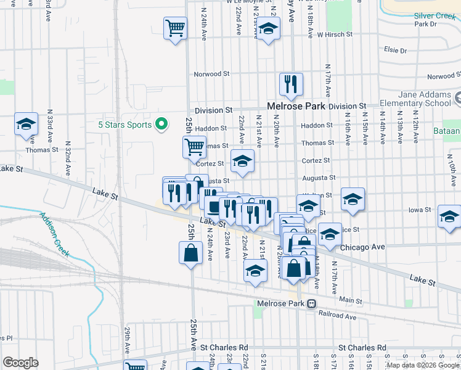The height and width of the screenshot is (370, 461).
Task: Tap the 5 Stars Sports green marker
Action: pos(161,125)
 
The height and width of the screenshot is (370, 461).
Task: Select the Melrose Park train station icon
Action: pos(312,303)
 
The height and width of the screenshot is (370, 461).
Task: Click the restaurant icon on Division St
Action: pos(290,84)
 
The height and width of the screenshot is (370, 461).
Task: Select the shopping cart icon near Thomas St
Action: pos(194,147)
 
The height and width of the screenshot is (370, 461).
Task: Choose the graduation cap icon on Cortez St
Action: pos(242,161)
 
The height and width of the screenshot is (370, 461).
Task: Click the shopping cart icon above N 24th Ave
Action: pos(175,28)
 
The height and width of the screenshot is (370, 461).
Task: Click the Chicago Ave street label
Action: pos(362,247)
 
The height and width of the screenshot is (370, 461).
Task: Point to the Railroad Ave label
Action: pos(338,316)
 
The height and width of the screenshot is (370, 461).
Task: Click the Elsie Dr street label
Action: pos(391,50)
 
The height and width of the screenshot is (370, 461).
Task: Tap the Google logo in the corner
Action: pos(20,363)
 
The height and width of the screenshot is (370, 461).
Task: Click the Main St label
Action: pos(351,300)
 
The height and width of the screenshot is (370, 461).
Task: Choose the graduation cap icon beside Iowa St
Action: pos(449,216)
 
